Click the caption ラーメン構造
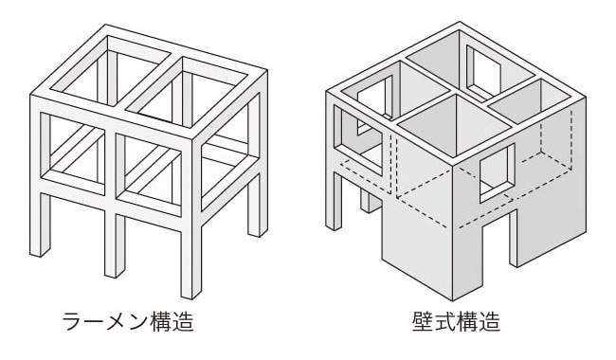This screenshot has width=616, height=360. [x=128, y=321]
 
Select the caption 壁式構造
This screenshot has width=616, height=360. [x=456, y=321]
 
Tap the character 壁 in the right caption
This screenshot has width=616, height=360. [x=423, y=321]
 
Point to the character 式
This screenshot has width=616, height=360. [x=445, y=321]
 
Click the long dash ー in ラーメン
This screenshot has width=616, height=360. [x=95, y=322]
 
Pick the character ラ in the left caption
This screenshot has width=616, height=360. [x=73, y=322]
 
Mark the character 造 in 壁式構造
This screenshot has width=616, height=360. [x=490, y=321]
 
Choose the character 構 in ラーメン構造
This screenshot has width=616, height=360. [x=161, y=321]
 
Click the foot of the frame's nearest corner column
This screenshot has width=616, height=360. [x=191, y=295]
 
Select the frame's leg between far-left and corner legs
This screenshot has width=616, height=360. [x=115, y=243]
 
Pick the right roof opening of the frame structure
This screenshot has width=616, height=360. [x=188, y=93]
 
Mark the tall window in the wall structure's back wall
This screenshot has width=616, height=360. [x=484, y=72]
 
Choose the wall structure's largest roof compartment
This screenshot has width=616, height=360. [x=454, y=125]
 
